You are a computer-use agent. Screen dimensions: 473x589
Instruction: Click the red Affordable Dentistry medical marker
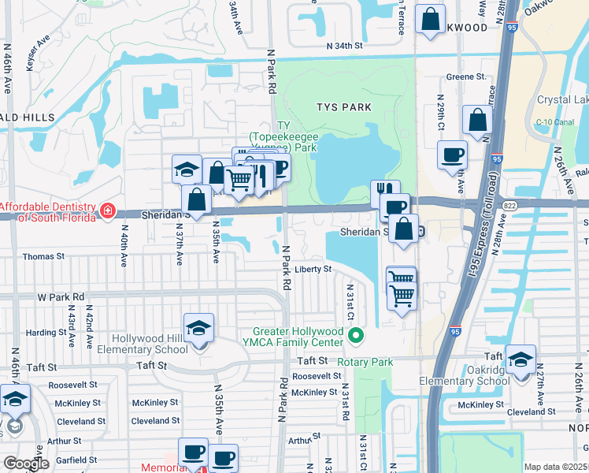click(108, 211)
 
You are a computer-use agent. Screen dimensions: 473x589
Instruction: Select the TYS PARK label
click(343, 107)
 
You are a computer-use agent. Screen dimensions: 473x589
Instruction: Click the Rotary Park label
click(365, 363)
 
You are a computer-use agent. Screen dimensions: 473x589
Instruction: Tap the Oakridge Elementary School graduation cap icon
click(520, 360)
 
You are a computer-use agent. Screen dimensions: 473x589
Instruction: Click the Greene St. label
click(465, 77)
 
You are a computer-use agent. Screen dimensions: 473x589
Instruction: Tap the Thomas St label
click(43, 257)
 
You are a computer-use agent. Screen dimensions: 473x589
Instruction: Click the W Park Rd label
click(61, 297)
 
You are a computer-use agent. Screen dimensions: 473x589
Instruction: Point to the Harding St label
click(46, 332)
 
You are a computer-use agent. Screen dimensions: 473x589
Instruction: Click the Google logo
click(27, 464)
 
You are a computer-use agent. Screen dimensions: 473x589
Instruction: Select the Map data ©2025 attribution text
click(555, 467)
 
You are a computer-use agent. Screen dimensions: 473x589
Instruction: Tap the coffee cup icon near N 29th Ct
click(452, 155)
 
